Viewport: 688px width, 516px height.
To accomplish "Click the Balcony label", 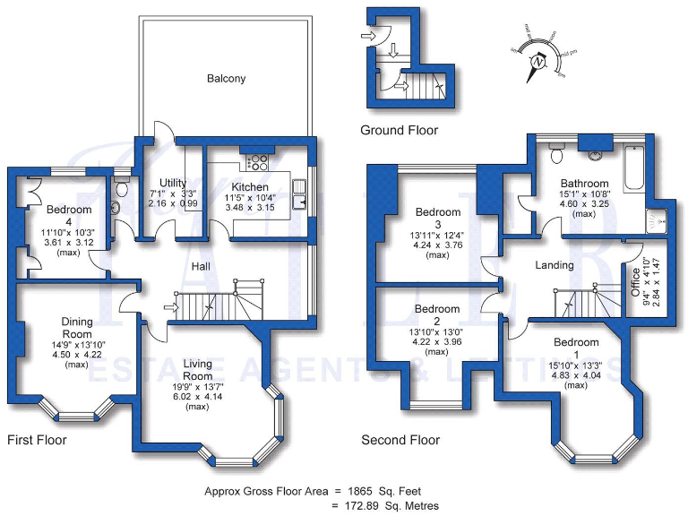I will tap(226, 79).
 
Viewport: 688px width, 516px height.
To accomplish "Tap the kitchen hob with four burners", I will tap(257, 163).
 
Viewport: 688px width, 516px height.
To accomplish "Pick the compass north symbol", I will tap(538, 63).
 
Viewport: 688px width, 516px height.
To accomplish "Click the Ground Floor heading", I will tap(399, 131).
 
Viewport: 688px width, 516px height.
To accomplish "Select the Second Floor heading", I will tap(400, 441).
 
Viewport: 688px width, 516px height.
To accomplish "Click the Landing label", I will tap(555, 266).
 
